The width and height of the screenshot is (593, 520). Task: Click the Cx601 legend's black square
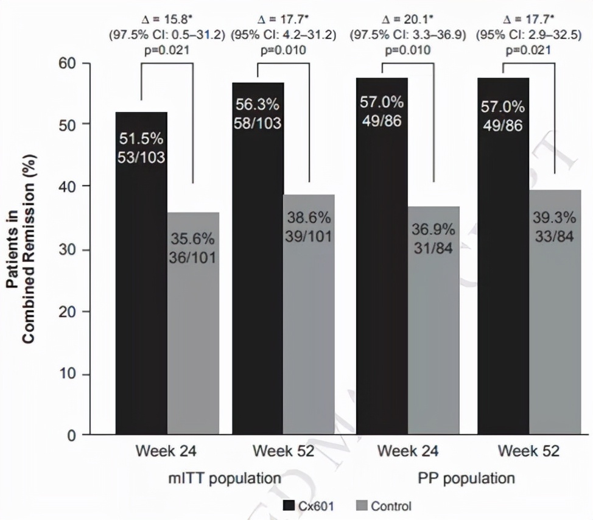pyautogui.click(x=289, y=506)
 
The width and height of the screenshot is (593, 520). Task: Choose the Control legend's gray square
pyautogui.click(x=361, y=506)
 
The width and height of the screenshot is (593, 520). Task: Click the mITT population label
pyautogui.click(x=225, y=477)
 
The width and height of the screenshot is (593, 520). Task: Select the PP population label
pyautogui.click(x=466, y=477)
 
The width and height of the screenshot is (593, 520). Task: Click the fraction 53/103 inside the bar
pyautogui.click(x=141, y=158)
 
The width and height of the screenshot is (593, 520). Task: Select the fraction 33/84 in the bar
pyautogui.click(x=554, y=235)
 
